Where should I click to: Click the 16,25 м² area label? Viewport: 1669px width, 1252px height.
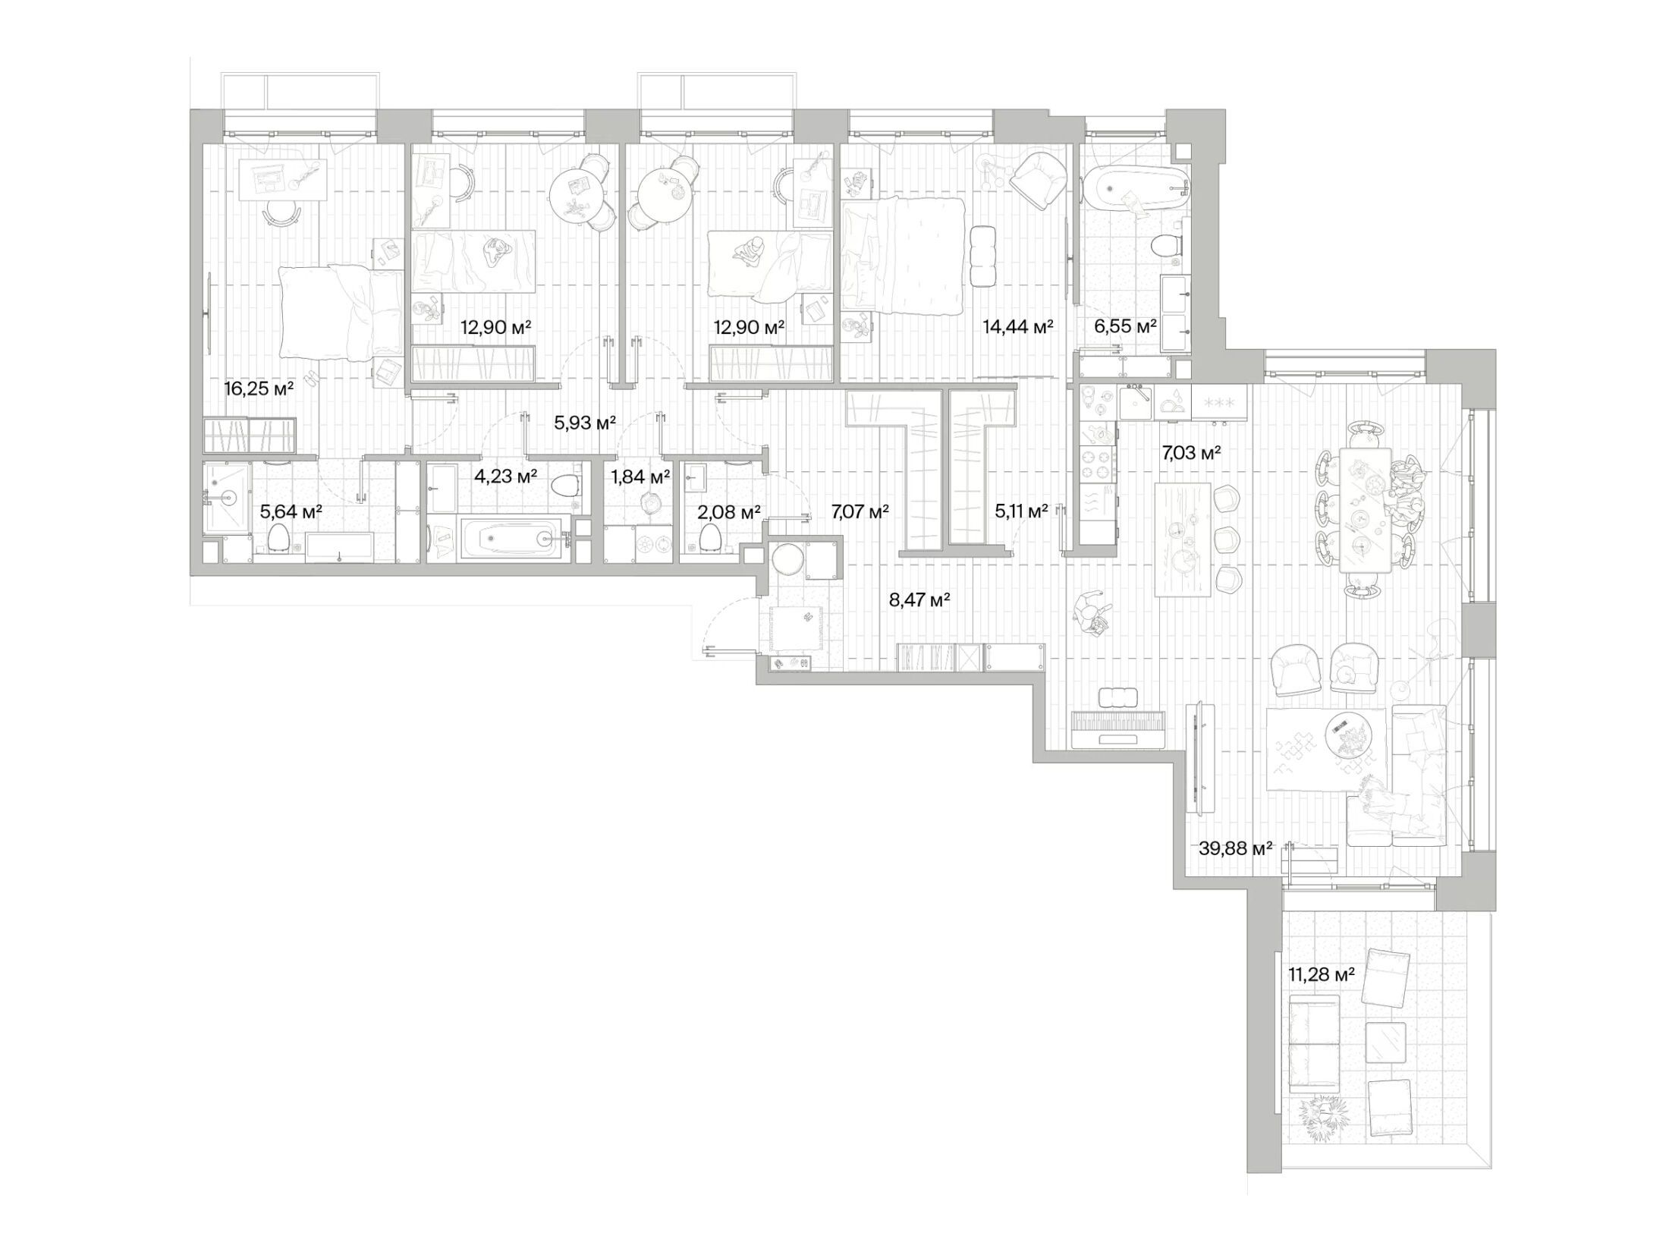[x=259, y=389]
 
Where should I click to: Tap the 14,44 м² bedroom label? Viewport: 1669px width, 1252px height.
[x=1018, y=327]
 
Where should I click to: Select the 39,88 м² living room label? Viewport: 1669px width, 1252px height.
[x=1235, y=848]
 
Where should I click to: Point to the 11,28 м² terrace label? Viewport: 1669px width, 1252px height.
[x=1322, y=974]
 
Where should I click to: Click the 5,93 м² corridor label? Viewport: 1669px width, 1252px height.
[x=585, y=423]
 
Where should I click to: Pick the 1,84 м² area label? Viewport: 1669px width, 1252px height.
[x=640, y=477]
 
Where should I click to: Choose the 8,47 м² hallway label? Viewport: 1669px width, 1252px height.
[x=920, y=600]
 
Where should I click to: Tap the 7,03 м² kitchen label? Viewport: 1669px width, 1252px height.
[x=1191, y=453]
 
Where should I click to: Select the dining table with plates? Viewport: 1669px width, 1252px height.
[x=1365, y=509]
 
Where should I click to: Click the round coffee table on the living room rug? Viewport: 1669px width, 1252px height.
[x=1350, y=734]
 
